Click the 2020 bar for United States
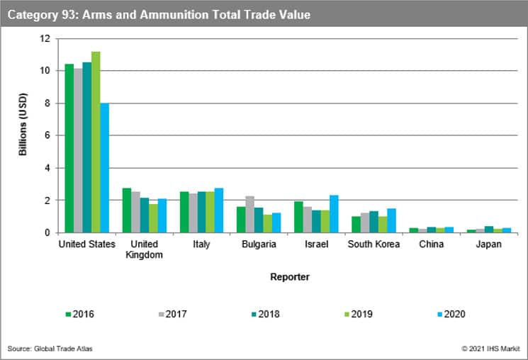(104, 168)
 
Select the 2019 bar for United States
(96, 142)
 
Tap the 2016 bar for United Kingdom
(127, 210)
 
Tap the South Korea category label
(373, 244)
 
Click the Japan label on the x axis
(488, 244)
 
